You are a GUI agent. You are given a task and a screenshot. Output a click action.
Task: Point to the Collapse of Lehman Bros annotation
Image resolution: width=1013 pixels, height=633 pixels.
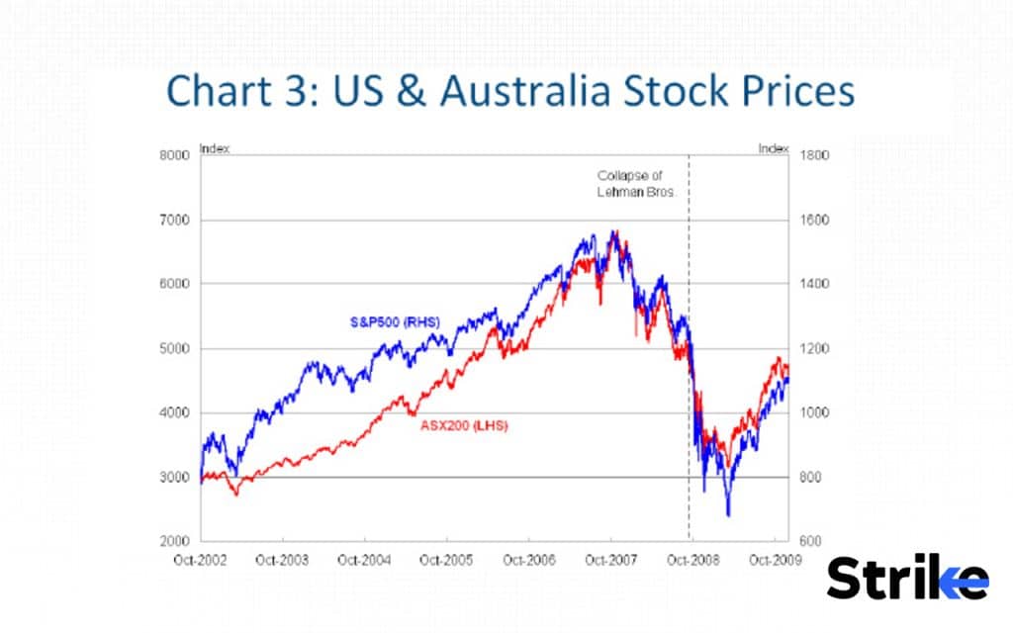[635, 183]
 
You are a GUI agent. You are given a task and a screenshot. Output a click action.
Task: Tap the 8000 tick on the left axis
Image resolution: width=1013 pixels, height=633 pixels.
[175, 155]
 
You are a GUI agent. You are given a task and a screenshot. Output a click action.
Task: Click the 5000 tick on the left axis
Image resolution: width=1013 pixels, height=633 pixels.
[175, 348]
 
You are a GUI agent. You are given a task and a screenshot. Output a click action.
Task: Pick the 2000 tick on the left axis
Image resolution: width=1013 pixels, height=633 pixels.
[175, 542]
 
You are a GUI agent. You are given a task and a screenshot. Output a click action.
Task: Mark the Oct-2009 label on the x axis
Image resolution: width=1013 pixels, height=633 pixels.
[774, 560]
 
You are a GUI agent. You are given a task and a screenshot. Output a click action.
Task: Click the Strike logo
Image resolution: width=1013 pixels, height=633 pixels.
[907, 578]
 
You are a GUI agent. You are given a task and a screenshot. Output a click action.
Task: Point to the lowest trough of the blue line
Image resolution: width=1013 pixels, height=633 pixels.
[728, 515]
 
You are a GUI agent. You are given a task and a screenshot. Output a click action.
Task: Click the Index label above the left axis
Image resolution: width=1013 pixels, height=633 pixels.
[215, 148]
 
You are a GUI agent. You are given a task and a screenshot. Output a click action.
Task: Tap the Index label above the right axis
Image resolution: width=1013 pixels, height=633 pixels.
[774, 148]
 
